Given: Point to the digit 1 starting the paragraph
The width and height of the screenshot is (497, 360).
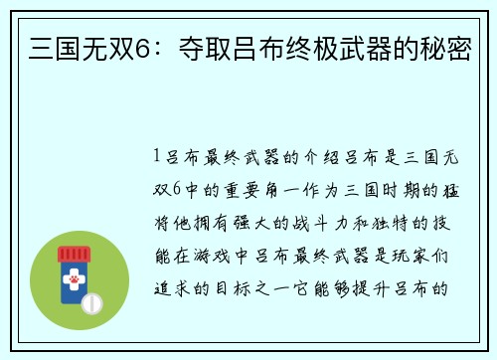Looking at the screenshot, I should coord(158,156).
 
